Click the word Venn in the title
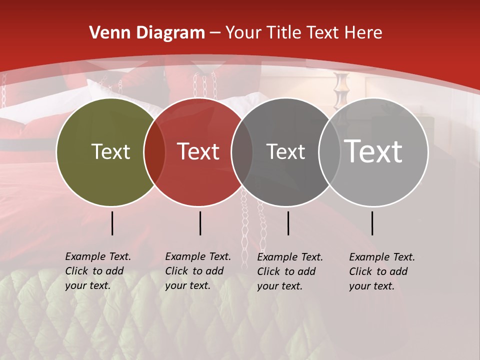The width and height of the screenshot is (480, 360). [109, 33]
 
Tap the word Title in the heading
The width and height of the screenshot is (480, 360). [282, 33]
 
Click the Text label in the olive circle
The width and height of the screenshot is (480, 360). [110, 151]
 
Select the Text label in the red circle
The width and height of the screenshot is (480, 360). [198, 151]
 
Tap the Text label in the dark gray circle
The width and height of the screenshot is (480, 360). [285, 151]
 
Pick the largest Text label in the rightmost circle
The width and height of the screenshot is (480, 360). [373, 151]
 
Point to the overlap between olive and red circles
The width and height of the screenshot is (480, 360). [154, 152]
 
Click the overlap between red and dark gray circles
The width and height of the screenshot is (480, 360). [242, 152]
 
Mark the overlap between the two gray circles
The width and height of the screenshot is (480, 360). [329, 152]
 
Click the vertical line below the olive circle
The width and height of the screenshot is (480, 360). [112, 223]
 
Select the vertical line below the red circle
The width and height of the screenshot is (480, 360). [200, 223]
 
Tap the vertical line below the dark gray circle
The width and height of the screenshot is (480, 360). [288, 223]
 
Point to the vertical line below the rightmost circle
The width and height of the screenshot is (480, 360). [372, 223]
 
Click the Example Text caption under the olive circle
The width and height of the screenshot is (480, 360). [97, 271]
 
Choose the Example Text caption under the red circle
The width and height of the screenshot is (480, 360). [197, 271]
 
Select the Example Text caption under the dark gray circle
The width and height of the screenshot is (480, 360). [289, 271]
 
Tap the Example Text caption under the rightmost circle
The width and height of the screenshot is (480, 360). [381, 271]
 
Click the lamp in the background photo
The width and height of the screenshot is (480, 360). [341, 90]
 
